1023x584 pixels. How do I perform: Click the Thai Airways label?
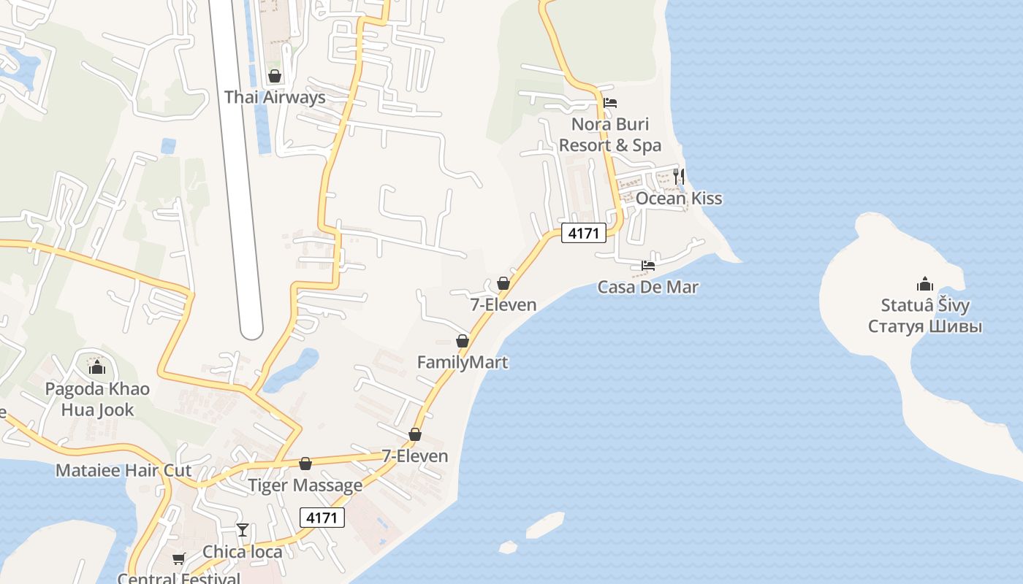click(x=275, y=97)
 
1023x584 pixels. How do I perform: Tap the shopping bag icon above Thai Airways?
click(x=275, y=76)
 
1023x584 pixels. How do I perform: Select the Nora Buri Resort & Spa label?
click(x=609, y=134)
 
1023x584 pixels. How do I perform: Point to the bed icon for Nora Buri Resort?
click(x=610, y=103)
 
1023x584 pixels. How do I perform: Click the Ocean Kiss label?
click(x=678, y=199)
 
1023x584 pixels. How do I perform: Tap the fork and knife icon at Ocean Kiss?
click(x=679, y=176)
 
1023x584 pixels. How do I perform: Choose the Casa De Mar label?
click(x=647, y=287)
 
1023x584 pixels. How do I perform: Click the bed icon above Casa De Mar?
click(x=648, y=266)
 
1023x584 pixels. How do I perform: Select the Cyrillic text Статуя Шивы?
click(x=924, y=326)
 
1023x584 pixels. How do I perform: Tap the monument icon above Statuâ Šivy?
click(x=924, y=284)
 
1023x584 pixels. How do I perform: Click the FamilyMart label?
click(x=462, y=362)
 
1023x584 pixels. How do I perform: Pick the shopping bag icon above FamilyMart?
click(x=462, y=341)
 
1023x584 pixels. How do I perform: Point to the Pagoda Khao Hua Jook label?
click(x=97, y=399)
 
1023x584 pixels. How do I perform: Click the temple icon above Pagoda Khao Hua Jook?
click(x=97, y=366)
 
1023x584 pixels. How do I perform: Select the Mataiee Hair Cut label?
click(x=123, y=470)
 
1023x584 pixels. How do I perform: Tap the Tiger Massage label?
click(x=305, y=485)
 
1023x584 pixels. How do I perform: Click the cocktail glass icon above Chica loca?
click(x=243, y=530)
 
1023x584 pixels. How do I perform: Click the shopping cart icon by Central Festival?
click(x=179, y=559)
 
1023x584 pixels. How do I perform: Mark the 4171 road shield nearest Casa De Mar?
click(x=584, y=234)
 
